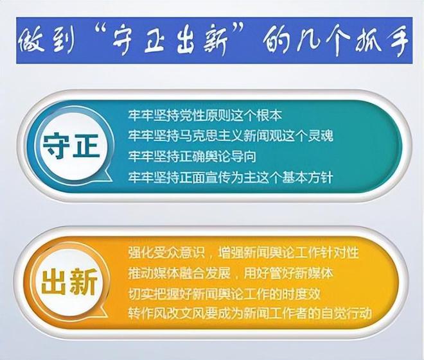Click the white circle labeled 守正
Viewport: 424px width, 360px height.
coord(71,148)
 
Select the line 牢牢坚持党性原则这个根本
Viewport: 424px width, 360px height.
coord(205,116)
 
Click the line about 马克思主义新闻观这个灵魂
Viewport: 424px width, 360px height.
coord(231,136)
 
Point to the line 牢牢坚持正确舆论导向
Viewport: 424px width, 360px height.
coord(192,157)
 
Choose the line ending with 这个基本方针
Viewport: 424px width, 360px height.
coord(231,178)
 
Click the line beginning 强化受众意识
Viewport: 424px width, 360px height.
coord(243,252)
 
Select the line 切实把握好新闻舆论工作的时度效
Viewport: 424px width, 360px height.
coord(224,293)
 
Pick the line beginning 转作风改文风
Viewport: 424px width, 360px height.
coord(250,314)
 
